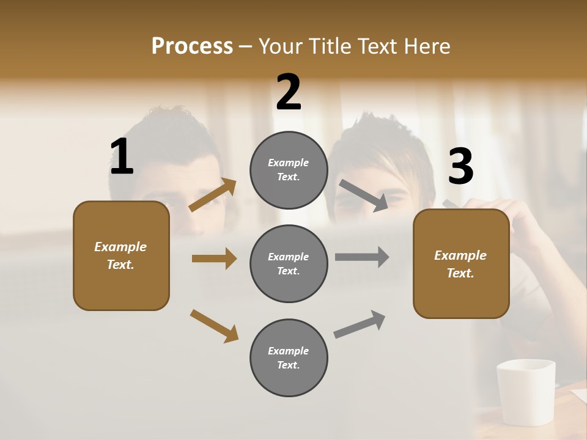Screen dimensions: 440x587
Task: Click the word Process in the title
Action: [192, 46]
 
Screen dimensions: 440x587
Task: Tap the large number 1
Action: [122, 157]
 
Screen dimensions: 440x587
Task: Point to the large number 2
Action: [289, 92]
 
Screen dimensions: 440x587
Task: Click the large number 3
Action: [460, 166]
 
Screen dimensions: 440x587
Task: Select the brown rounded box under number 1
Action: [121, 255]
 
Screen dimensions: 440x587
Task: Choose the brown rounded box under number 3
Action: [461, 264]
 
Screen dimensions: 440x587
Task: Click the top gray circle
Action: [289, 170]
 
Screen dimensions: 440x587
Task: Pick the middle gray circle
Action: [289, 264]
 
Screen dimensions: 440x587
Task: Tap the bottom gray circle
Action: [289, 358]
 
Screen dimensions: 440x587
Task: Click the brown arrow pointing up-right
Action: [213, 195]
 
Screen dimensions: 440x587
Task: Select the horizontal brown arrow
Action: [214, 258]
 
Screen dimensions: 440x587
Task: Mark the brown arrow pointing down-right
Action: [215, 326]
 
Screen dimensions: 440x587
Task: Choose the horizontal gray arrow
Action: [362, 257]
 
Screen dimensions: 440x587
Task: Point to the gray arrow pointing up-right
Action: [360, 324]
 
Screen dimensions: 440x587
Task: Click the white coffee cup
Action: [526, 391]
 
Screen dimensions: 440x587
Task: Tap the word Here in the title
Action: [427, 46]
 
